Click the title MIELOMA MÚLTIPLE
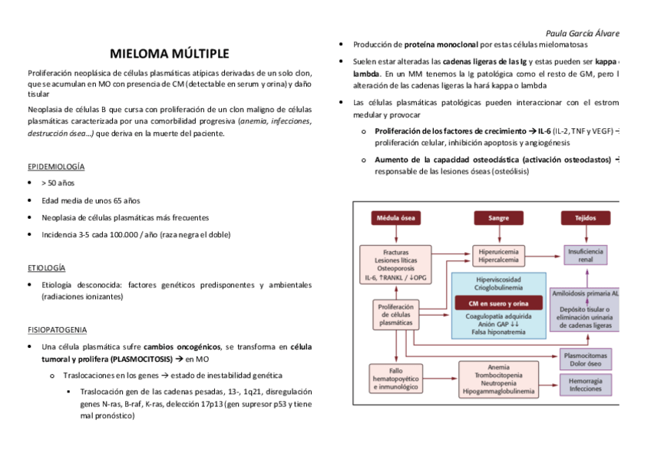point(169,54)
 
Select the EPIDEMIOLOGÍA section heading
point(56,166)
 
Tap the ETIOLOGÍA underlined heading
point(46,268)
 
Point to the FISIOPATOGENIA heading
point(57,329)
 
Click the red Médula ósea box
point(395,218)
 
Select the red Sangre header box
point(498,218)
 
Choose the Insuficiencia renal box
point(586,256)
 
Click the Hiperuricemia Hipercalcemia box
point(498,256)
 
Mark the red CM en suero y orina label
point(498,303)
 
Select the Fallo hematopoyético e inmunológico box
point(391,379)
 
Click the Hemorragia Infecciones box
point(586,385)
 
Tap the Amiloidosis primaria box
point(586,293)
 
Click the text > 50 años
point(58,184)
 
